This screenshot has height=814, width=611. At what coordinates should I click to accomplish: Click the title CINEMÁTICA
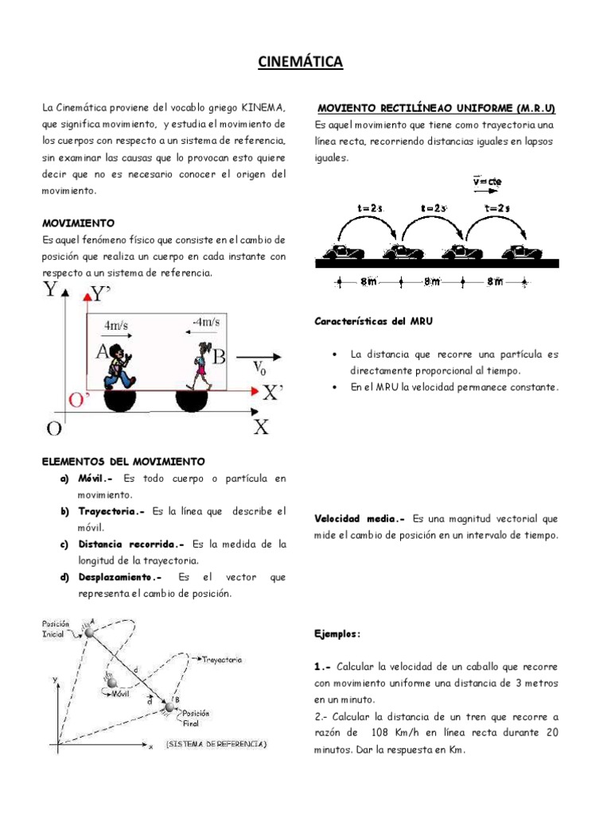(300, 62)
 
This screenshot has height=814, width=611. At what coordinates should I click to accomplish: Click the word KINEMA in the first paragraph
(264, 107)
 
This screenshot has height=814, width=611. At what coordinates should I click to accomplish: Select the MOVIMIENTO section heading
(78, 223)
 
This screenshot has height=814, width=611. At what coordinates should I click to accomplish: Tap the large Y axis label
(53, 289)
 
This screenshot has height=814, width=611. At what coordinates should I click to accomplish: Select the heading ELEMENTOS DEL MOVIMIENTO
(123, 461)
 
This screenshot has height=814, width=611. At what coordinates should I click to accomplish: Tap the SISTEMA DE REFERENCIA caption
(216, 744)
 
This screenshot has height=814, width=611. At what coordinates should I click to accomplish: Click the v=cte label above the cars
(487, 181)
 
